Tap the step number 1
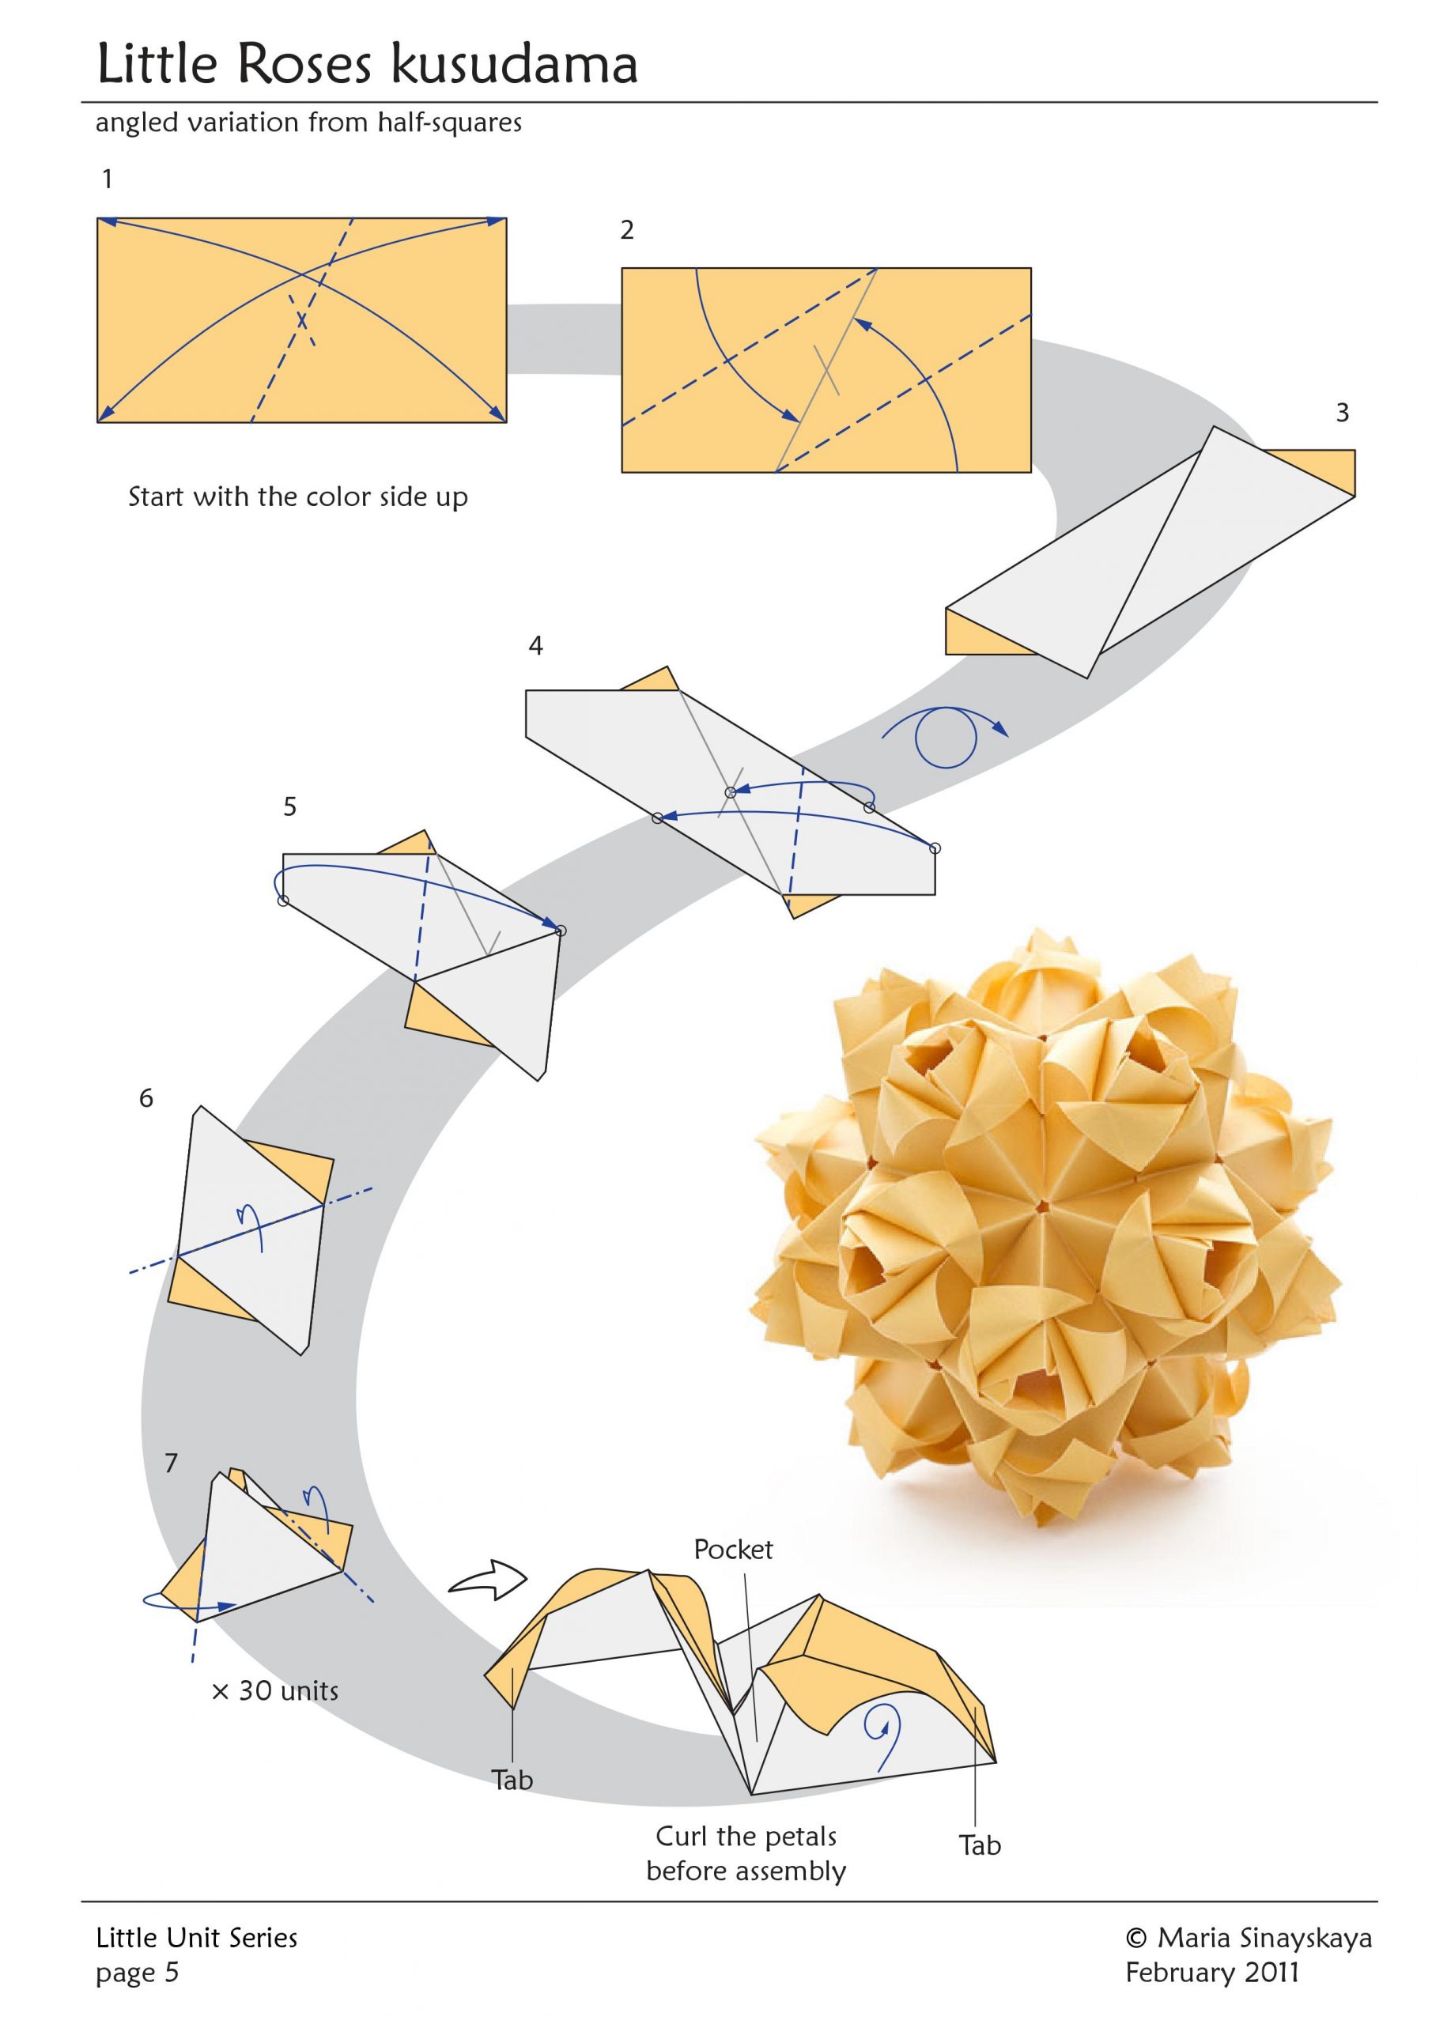coord(108,179)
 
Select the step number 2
coord(627,230)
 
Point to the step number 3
coord(1342,413)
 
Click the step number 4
coord(535,646)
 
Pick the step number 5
coord(290,806)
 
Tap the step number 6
coord(146,1098)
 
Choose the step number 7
coord(171,1463)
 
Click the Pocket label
coord(733,1550)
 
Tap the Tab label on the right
coord(980,1846)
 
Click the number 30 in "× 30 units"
coord(255,1691)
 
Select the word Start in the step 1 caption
coord(157,497)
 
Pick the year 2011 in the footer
coord(1271,1972)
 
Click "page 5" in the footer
coord(138,1972)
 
